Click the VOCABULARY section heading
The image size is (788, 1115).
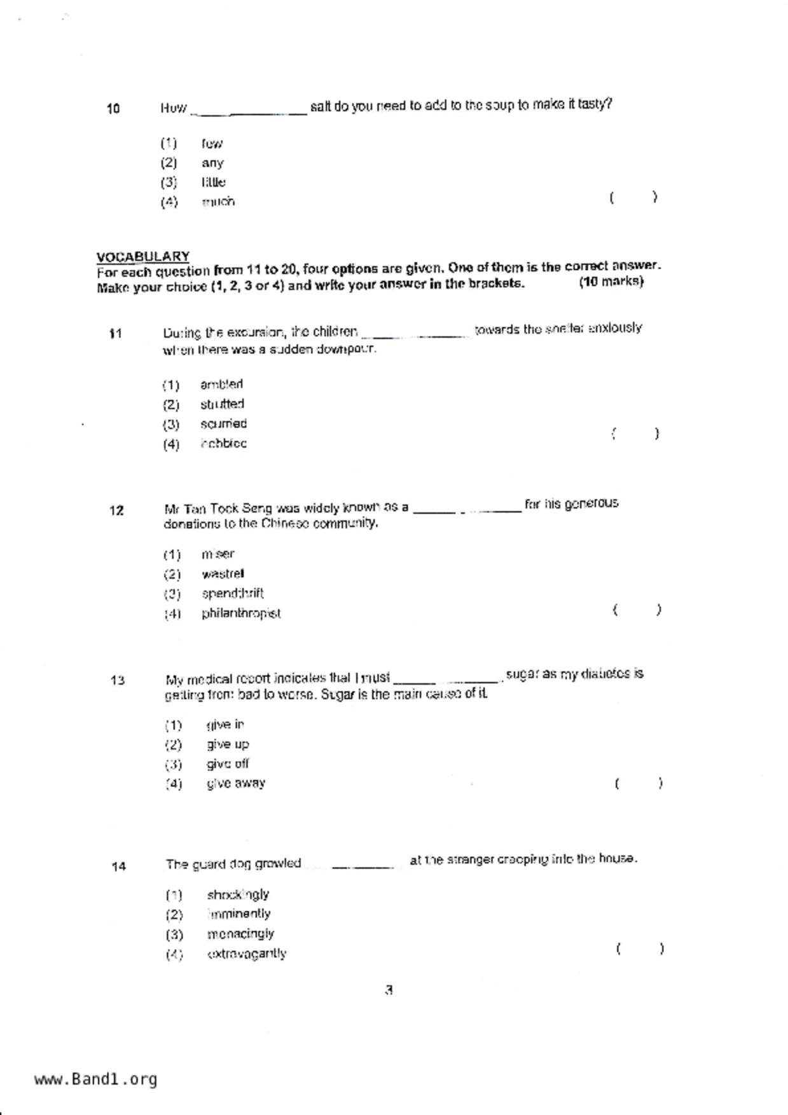[143, 256]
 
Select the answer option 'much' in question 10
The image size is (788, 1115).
[218, 202]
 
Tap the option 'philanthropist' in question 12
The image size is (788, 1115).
[241, 613]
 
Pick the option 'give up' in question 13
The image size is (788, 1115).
[228, 744]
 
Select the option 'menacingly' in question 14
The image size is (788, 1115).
[240, 934]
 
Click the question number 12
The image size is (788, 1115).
[116, 510]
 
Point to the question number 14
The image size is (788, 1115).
[118, 866]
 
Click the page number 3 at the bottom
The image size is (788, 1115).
[389, 990]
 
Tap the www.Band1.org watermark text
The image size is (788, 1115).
[96, 1079]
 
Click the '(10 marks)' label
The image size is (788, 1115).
[611, 282]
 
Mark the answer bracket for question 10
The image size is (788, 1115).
[633, 198]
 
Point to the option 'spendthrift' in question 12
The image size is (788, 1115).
[233, 594]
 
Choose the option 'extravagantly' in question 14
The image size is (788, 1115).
[247, 954]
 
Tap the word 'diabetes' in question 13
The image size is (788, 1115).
[605, 674]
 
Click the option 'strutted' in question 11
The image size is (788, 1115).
[222, 404]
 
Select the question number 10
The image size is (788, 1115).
[113, 109]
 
